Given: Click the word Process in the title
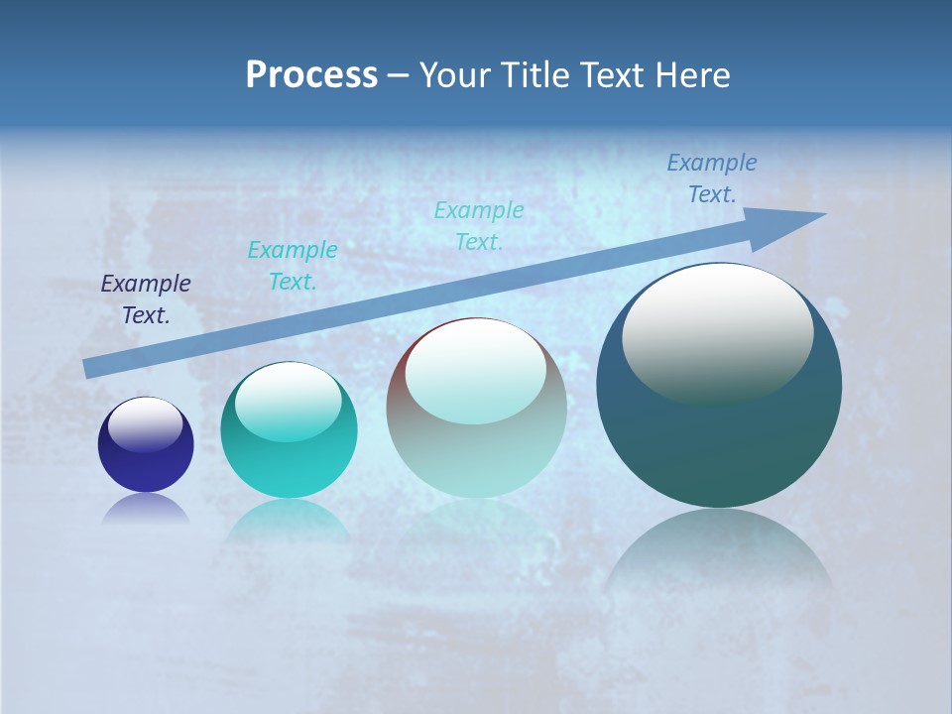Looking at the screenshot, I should point(311,75).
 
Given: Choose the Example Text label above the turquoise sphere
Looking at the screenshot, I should point(293,265).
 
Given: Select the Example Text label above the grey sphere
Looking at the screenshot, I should point(479,225).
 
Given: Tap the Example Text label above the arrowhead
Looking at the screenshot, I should point(712,178).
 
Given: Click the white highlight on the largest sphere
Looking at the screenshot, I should point(717,332).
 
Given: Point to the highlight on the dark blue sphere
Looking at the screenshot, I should point(145,424).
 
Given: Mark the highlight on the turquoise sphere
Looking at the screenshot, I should point(288,402).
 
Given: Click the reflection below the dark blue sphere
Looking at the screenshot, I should point(146,509).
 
